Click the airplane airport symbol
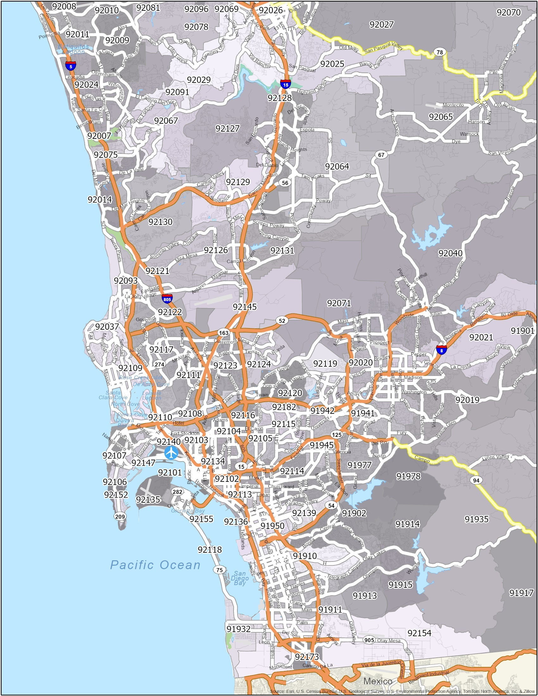172,452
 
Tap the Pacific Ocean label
155,565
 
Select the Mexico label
378,681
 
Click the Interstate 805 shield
167,299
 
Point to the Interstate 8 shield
441,349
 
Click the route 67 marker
381,155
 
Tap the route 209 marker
120,517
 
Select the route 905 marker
369,641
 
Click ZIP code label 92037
107,327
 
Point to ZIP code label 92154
419,633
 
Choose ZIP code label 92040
450,253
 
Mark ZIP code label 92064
337,167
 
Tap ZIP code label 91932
239,629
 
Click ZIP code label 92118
210,550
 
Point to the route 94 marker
476,480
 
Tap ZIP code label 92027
382,25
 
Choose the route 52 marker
282,321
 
